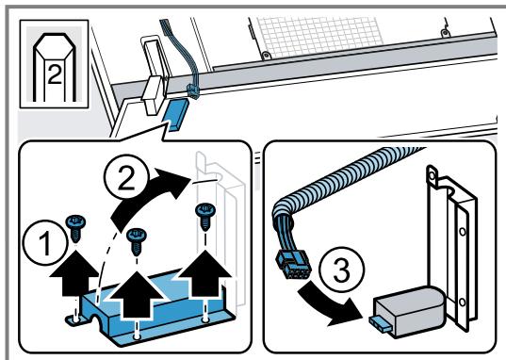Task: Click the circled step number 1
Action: pos(45,242)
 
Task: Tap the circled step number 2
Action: pos(126,176)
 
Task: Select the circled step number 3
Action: pos(341,270)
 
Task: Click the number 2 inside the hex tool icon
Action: pos(55,74)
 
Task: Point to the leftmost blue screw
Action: pos(75,228)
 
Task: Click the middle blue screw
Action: pos(137,240)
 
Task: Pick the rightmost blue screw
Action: pos(205,216)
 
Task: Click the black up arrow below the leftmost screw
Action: pos(74,272)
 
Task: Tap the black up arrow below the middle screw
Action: pos(138,295)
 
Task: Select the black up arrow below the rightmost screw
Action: pos(204,272)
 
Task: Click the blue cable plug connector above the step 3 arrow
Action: pos(292,265)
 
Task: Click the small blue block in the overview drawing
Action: pos(176,115)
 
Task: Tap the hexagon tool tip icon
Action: pos(55,64)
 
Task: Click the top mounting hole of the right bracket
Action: pos(432,176)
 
